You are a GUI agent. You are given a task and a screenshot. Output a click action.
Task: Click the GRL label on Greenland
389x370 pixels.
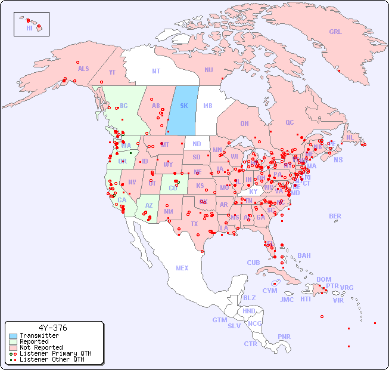(335, 32)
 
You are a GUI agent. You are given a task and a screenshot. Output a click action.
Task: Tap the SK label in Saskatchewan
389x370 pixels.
(184, 106)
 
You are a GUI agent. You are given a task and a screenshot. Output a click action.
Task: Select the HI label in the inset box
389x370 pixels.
(29, 28)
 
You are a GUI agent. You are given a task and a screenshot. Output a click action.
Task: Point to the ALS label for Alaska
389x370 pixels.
(83, 69)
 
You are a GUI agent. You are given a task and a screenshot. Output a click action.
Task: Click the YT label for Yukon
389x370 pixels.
(112, 72)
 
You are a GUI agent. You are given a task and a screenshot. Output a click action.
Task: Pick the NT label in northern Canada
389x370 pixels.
(156, 71)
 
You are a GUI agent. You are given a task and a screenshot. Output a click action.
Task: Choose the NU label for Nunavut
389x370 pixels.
(208, 70)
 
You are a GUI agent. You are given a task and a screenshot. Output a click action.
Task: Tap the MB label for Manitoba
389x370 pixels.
(208, 106)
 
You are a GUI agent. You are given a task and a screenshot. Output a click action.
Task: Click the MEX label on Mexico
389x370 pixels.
(182, 268)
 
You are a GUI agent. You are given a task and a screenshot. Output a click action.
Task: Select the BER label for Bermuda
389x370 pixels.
(335, 216)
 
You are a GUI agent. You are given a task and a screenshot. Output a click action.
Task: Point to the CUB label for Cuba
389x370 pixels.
(253, 263)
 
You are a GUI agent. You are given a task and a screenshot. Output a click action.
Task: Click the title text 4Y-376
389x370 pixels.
(53, 328)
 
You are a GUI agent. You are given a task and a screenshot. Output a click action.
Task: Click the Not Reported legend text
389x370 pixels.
(41, 347)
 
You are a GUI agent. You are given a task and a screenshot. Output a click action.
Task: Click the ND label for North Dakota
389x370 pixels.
(197, 144)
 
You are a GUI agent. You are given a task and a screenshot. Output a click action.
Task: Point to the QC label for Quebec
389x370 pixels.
(290, 122)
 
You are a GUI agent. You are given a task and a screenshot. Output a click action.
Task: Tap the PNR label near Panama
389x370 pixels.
(284, 337)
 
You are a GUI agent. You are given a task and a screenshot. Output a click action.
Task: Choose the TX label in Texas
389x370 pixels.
(194, 224)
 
